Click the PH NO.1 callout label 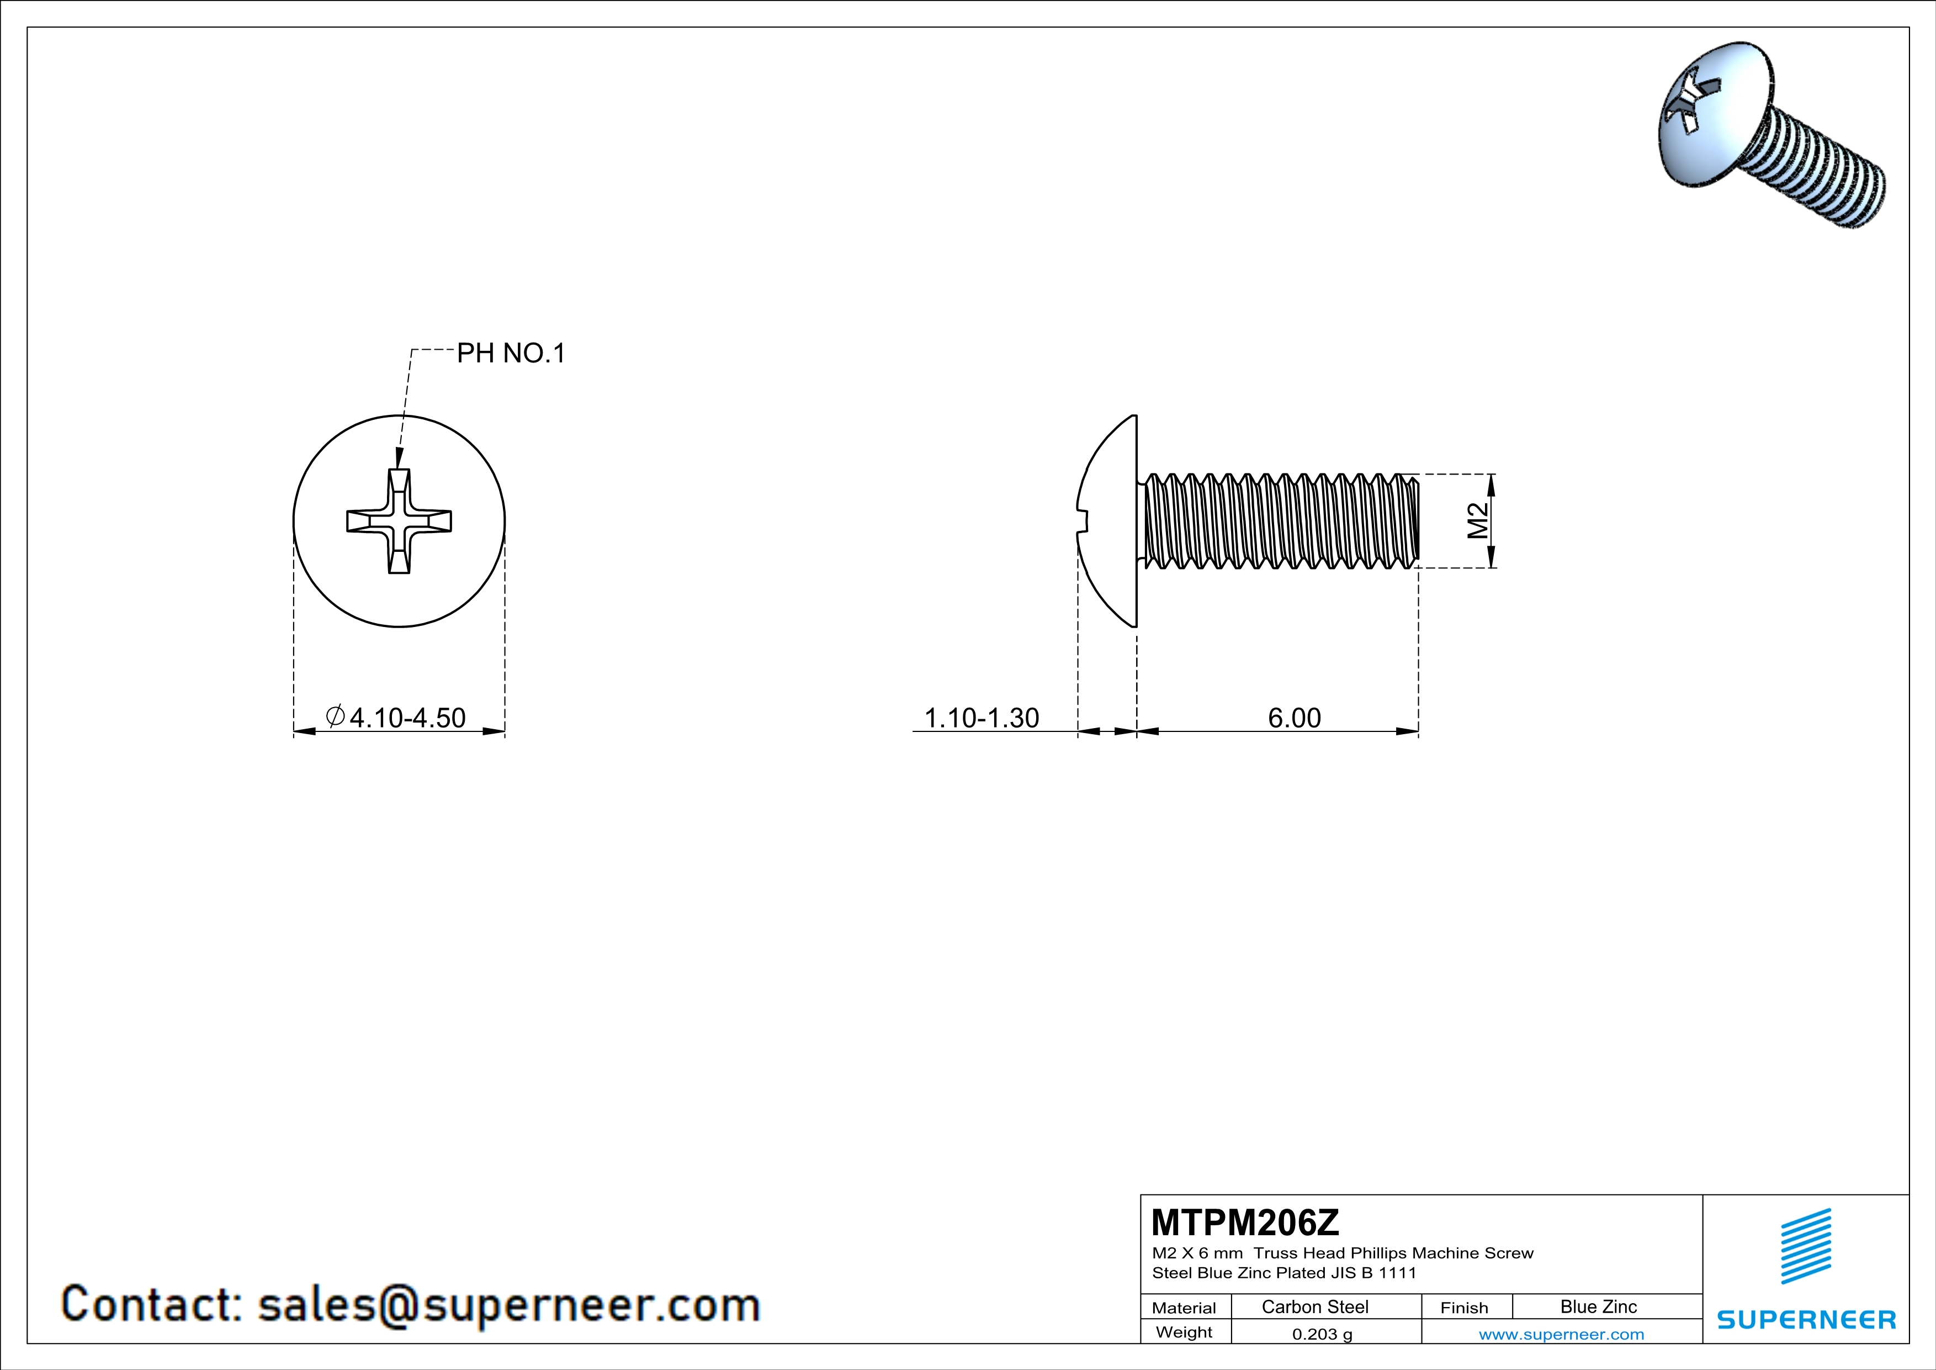(510, 354)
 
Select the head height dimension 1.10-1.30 (982, 718)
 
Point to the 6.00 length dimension (1295, 718)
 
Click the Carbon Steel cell (1314, 1306)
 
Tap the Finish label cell (1464, 1308)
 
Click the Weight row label (1184, 1332)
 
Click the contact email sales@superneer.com (508, 1304)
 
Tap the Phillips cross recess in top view (399, 521)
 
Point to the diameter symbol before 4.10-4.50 (335, 716)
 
